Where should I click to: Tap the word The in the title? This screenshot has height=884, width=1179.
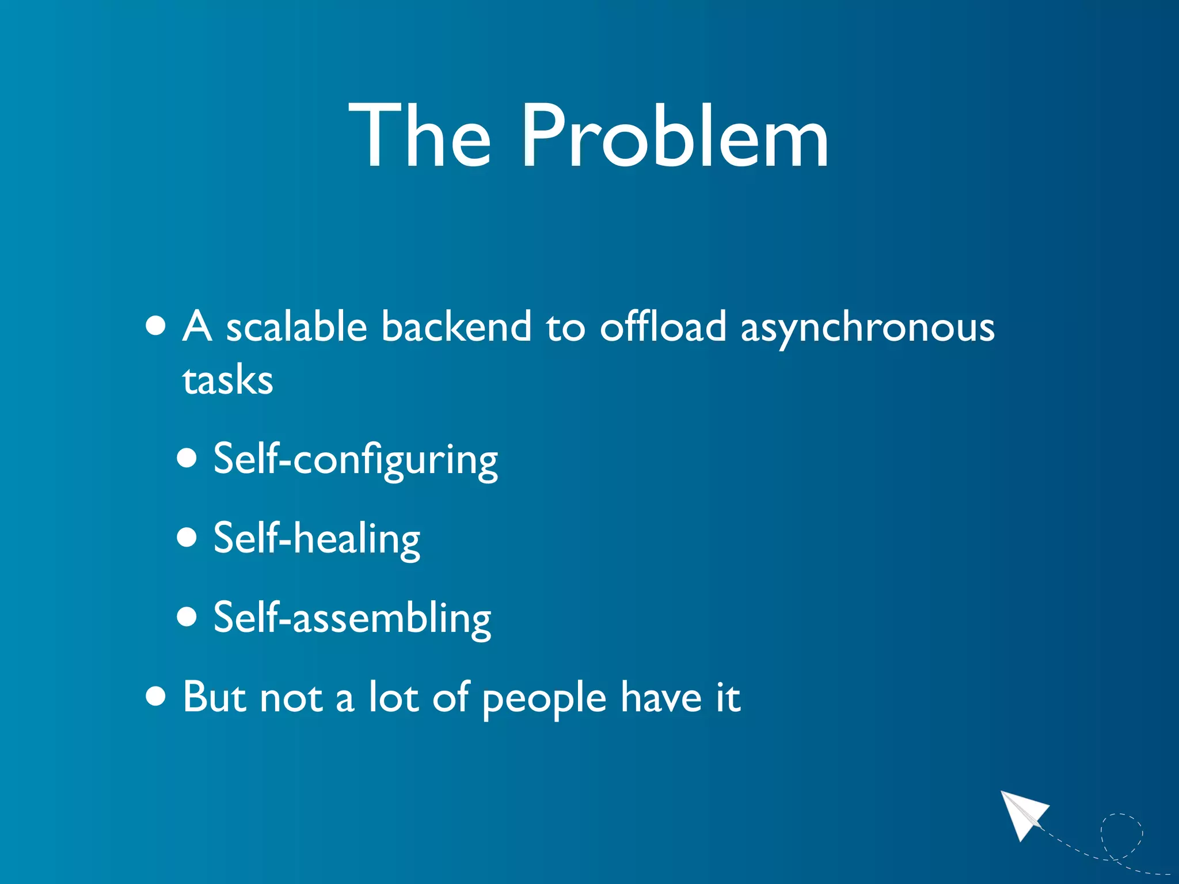pos(420,137)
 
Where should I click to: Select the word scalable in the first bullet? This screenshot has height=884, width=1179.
pos(296,326)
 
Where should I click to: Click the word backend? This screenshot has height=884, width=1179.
pos(457,326)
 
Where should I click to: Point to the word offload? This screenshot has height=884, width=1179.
pos(663,326)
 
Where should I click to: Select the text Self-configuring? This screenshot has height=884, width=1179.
pos(355,460)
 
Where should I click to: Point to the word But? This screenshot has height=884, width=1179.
pos(214,696)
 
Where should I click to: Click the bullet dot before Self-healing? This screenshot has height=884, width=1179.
pos(187,538)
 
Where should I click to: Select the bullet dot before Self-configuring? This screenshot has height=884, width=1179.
pos(187,459)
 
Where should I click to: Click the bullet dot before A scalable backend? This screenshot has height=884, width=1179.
pos(156,326)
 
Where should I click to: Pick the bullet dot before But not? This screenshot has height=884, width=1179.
pos(156,696)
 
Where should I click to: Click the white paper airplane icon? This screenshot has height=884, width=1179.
pos(1024,813)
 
